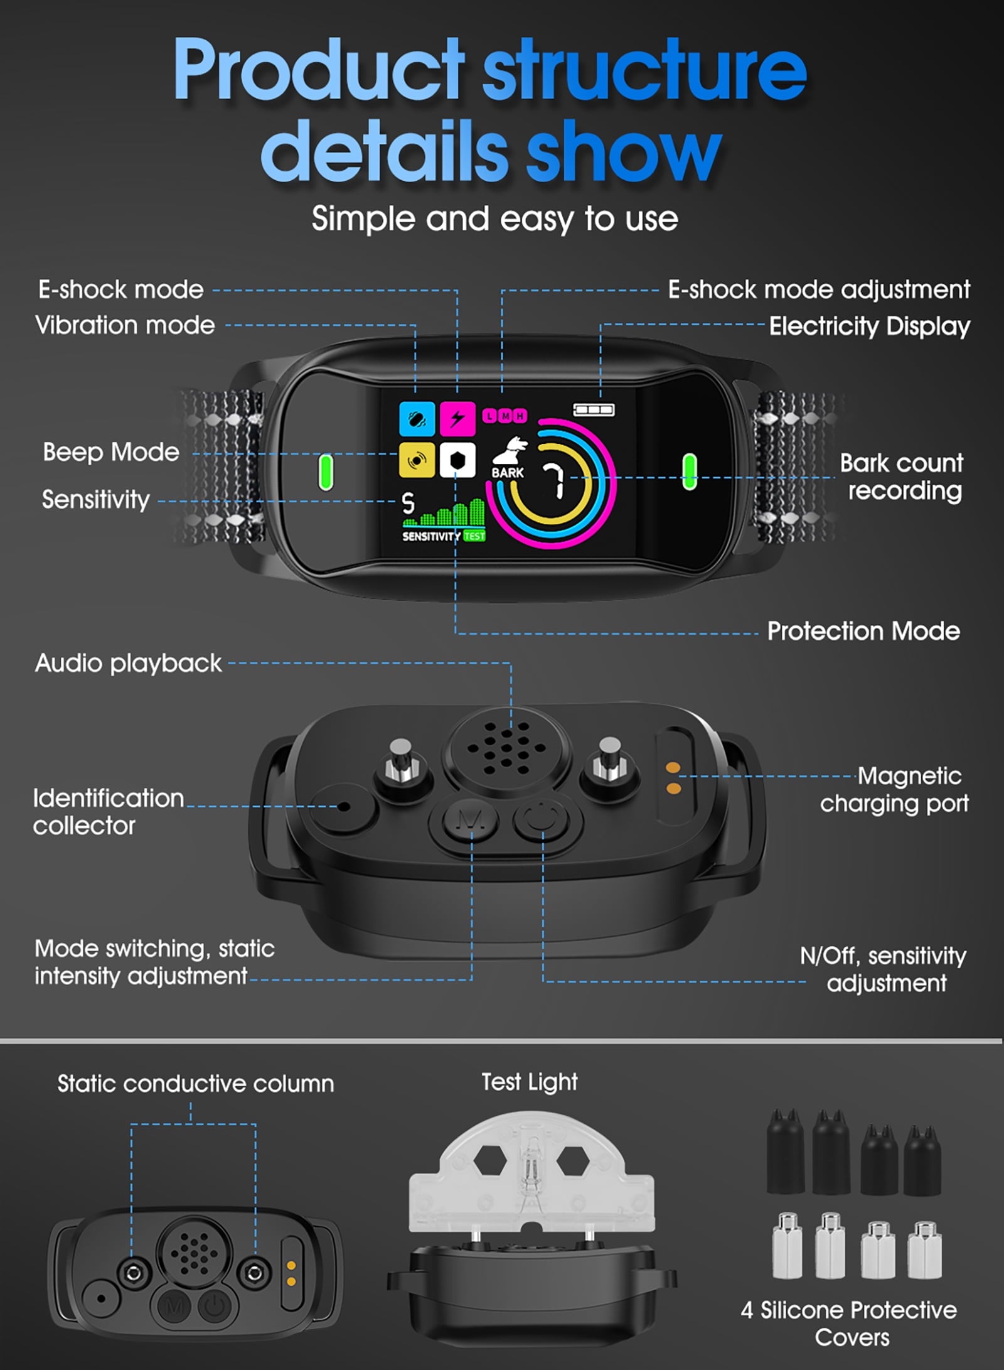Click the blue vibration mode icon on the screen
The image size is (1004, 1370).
pos(417,419)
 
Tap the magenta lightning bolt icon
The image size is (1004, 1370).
pos(457,419)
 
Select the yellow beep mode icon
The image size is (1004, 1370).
pos(417,460)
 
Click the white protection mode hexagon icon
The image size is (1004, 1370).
pos(457,460)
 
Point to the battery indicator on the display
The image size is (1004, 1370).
pos(594,409)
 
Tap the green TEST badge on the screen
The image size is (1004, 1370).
pos(474,536)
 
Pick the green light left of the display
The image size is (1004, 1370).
pos(326,472)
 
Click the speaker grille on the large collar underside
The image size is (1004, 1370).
pos(507,747)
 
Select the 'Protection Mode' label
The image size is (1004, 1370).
pos(863,631)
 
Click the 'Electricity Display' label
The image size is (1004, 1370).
pos(870,326)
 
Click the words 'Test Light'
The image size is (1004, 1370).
pos(530,1082)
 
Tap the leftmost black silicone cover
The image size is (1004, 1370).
pos(785,1154)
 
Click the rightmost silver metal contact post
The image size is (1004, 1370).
pos(924,1249)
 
